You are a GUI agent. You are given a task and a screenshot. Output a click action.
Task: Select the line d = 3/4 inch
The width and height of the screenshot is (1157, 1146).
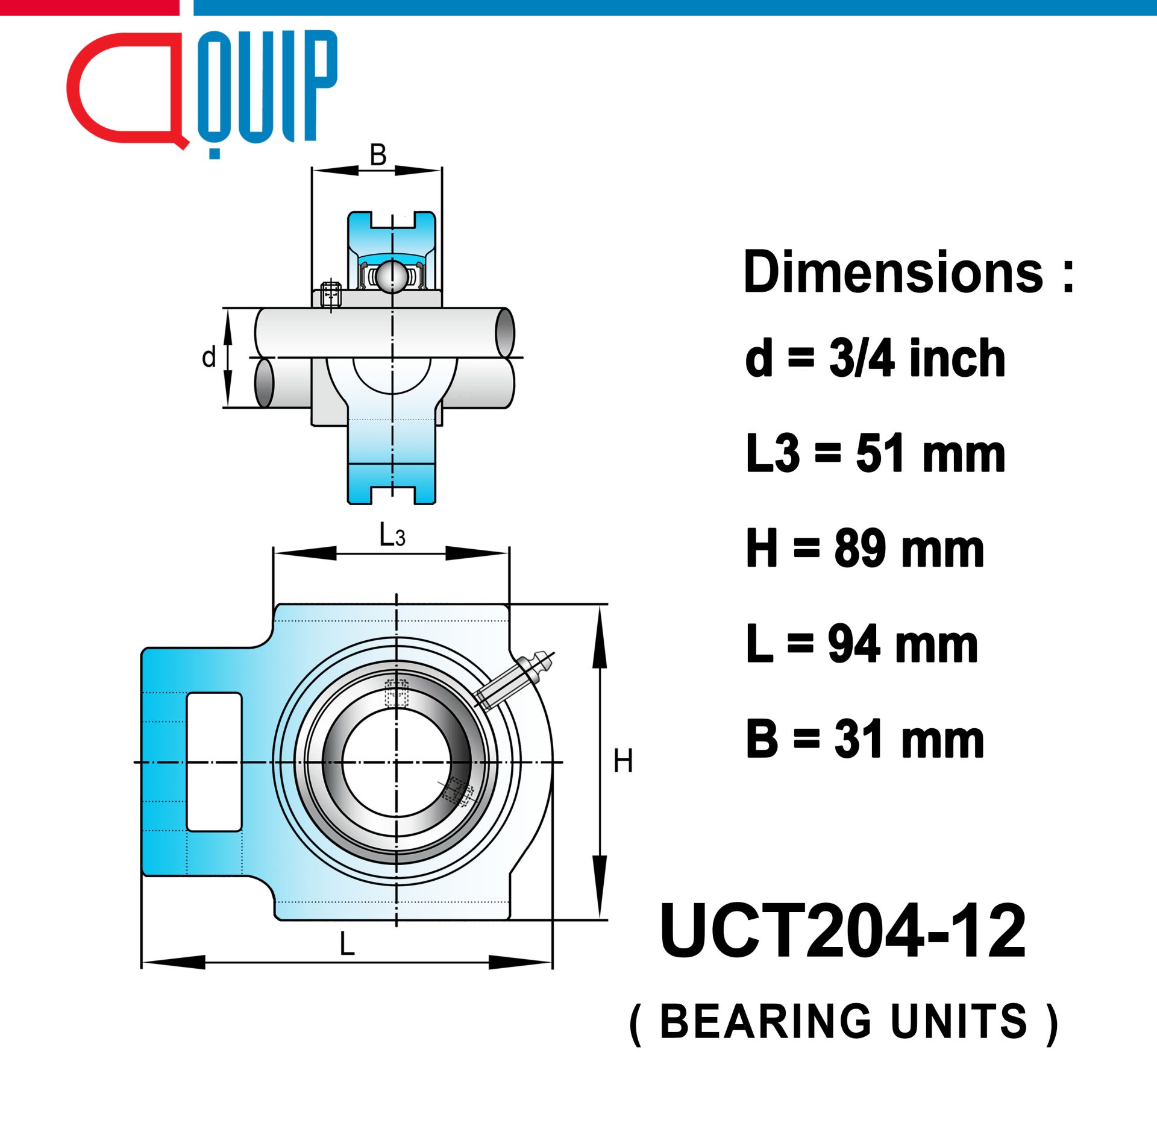click(x=875, y=358)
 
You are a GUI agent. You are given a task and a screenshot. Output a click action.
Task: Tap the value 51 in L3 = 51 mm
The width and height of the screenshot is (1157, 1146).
click(x=883, y=453)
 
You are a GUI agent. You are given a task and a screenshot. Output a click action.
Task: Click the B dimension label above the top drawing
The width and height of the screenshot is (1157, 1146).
click(x=378, y=154)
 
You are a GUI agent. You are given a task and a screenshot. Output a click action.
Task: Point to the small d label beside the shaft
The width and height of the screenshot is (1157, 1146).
click(x=209, y=357)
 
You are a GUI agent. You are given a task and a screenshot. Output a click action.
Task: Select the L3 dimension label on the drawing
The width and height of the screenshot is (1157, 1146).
click(x=392, y=534)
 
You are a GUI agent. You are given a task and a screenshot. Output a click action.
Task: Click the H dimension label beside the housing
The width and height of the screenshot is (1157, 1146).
click(x=623, y=761)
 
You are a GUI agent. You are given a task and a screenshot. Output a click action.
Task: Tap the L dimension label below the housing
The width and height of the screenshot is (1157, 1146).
click(x=347, y=943)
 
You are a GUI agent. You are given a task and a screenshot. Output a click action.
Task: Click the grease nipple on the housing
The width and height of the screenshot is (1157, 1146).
click(x=515, y=678)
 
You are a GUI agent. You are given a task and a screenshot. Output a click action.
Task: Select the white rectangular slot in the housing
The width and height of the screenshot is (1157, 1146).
click(x=215, y=762)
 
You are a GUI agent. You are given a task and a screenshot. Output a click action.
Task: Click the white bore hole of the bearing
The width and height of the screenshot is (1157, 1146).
click(x=396, y=762)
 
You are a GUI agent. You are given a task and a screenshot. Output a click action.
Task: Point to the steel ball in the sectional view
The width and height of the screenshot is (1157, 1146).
click(x=392, y=277)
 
